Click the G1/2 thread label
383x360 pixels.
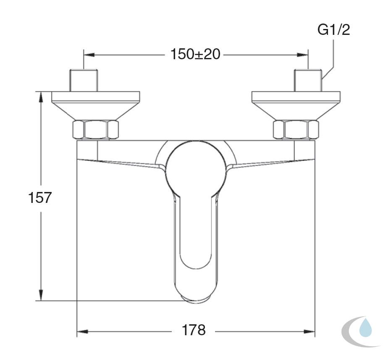(x=334, y=30)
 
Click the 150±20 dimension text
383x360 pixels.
(x=195, y=54)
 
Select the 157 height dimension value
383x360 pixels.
(x=40, y=197)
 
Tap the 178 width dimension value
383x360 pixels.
(x=194, y=330)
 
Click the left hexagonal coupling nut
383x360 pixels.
(x=96, y=129)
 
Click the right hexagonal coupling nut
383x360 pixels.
(x=296, y=129)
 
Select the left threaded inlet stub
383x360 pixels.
(x=84, y=81)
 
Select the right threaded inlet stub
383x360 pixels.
(x=308, y=81)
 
